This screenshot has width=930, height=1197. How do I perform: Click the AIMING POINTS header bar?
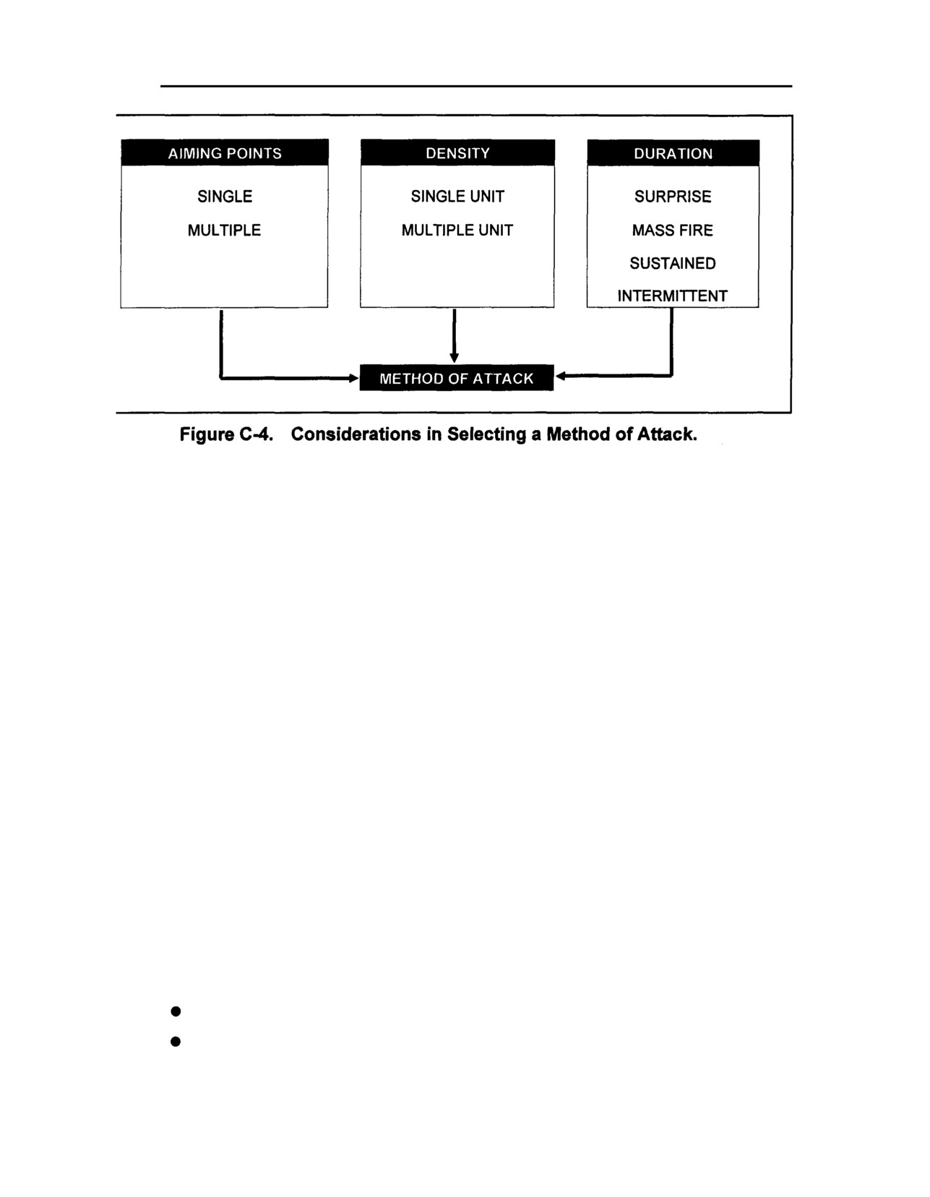click(x=225, y=153)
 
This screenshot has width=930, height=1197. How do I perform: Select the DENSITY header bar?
click(x=457, y=153)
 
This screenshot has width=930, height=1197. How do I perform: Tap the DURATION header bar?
click(x=673, y=153)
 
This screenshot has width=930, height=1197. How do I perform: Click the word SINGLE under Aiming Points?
click(x=225, y=196)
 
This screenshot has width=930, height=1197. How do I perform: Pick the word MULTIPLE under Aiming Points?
click(x=224, y=230)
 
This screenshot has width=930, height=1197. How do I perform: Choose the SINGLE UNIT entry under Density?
click(x=457, y=196)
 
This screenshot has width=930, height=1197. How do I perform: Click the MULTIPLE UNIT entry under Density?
click(x=457, y=230)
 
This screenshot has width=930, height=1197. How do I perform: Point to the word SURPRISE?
click(x=673, y=196)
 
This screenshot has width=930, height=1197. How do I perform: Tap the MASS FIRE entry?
click(x=672, y=230)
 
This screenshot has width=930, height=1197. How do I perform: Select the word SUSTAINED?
click(x=673, y=263)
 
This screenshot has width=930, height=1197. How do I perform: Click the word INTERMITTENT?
click(x=672, y=296)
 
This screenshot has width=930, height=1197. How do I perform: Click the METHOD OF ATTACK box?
click(x=457, y=378)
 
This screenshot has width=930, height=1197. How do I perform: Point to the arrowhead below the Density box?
click(x=455, y=358)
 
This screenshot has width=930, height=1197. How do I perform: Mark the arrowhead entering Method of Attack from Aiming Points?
click(x=354, y=379)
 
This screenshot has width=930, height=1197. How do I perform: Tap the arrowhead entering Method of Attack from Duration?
click(x=560, y=377)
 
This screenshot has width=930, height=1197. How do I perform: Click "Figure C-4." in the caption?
click(x=226, y=434)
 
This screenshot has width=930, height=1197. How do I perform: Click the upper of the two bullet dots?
click(x=176, y=1011)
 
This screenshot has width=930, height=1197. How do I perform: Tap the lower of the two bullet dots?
click(x=176, y=1041)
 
